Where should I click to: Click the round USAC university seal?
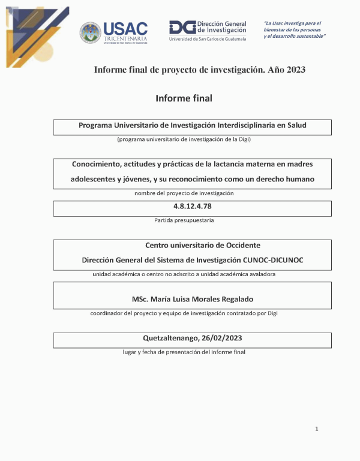[x=90, y=32]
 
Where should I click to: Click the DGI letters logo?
[x=182, y=27]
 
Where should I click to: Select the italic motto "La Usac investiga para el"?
[x=292, y=23]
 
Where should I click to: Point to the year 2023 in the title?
[x=296, y=70]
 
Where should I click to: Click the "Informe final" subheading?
[x=184, y=98]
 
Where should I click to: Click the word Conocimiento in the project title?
[x=98, y=164]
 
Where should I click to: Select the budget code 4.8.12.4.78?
[x=192, y=206]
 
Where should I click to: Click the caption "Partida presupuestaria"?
[x=184, y=220]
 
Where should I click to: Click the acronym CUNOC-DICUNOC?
[x=275, y=260]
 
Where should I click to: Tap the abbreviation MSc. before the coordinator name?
[x=140, y=299]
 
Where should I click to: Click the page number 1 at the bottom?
[x=317, y=429]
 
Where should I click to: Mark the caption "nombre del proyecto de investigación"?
[x=184, y=193]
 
